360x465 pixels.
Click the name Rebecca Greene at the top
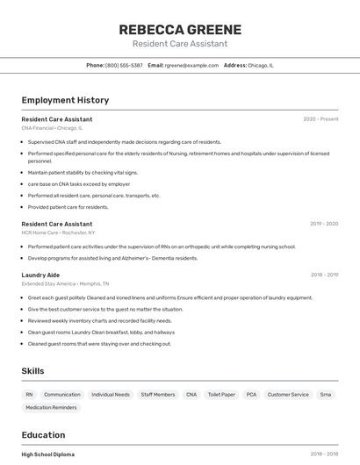pyautogui.click(x=180, y=29)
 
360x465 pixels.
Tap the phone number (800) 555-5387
pyautogui.click(x=124, y=65)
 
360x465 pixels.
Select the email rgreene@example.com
pyautogui.click(x=191, y=65)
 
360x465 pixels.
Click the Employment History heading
pyautogui.click(x=65, y=100)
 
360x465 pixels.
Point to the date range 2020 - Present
pyautogui.click(x=320, y=118)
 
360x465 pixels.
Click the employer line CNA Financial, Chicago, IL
pyautogui.click(x=52, y=128)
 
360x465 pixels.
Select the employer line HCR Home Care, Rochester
pyautogui.click(x=59, y=232)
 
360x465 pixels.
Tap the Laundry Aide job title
pyautogui.click(x=40, y=275)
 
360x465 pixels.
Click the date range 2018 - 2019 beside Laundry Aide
pyautogui.click(x=324, y=275)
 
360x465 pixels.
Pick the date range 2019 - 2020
pyautogui.click(x=324, y=224)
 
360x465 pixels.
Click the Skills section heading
pyautogui.click(x=32, y=371)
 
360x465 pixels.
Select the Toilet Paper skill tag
pyautogui.click(x=221, y=395)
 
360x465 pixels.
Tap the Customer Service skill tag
pyautogui.click(x=288, y=395)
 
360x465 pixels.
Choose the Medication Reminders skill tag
pyautogui.click(x=51, y=408)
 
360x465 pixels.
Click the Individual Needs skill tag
pyautogui.click(x=111, y=395)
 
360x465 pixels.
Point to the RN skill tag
pyautogui.click(x=29, y=395)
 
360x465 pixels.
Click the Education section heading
pyautogui.click(x=43, y=435)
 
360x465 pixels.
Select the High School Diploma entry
pyautogui.click(x=48, y=454)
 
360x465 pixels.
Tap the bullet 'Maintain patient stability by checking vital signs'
pyautogui.click(x=83, y=173)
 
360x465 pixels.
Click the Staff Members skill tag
pyautogui.click(x=158, y=395)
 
